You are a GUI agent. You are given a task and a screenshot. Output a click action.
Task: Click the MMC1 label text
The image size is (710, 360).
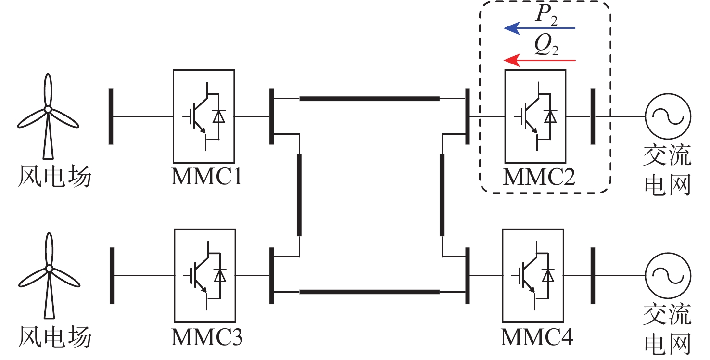(x=206, y=178)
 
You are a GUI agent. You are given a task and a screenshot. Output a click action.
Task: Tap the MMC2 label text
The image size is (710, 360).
(x=538, y=178)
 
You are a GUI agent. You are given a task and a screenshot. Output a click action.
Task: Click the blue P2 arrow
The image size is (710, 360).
(x=539, y=29)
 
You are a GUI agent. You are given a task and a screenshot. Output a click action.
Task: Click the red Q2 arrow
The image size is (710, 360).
(x=539, y=61)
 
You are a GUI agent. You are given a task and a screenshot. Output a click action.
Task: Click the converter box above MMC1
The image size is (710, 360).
(x=203, y=116)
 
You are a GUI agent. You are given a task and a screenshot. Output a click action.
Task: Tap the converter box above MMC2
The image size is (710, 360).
(x=535, y=116)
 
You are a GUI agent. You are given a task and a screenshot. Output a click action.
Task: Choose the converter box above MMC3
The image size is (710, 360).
(x=205, y=275)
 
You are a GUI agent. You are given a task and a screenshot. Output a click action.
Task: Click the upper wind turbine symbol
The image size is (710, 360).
(x=48, y=116)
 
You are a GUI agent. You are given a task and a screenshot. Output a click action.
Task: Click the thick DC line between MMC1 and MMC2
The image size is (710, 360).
(x=369, y=99)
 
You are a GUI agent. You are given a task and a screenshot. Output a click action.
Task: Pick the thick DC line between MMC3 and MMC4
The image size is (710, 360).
(x=369, y=292)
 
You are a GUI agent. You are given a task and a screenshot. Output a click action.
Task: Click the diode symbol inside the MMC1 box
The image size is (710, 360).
(x=218, y=116)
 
